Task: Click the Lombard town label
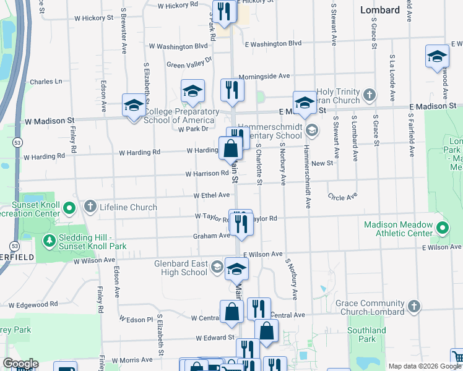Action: click(380, 10)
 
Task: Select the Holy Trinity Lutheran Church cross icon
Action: click(370, 95)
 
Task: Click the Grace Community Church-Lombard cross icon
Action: click(414, 306)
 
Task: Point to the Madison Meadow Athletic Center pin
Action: click(441, 228)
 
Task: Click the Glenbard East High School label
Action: click(181, 268)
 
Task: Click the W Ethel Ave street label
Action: click(212, 195)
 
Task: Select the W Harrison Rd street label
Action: click(207, 174)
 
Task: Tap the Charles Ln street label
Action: click(46, 82)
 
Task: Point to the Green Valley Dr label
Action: click(189, 62)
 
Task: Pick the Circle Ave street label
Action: click(343, 197)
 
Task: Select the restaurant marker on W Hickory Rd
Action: click(223, 11)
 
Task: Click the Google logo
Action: click(20, 364)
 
